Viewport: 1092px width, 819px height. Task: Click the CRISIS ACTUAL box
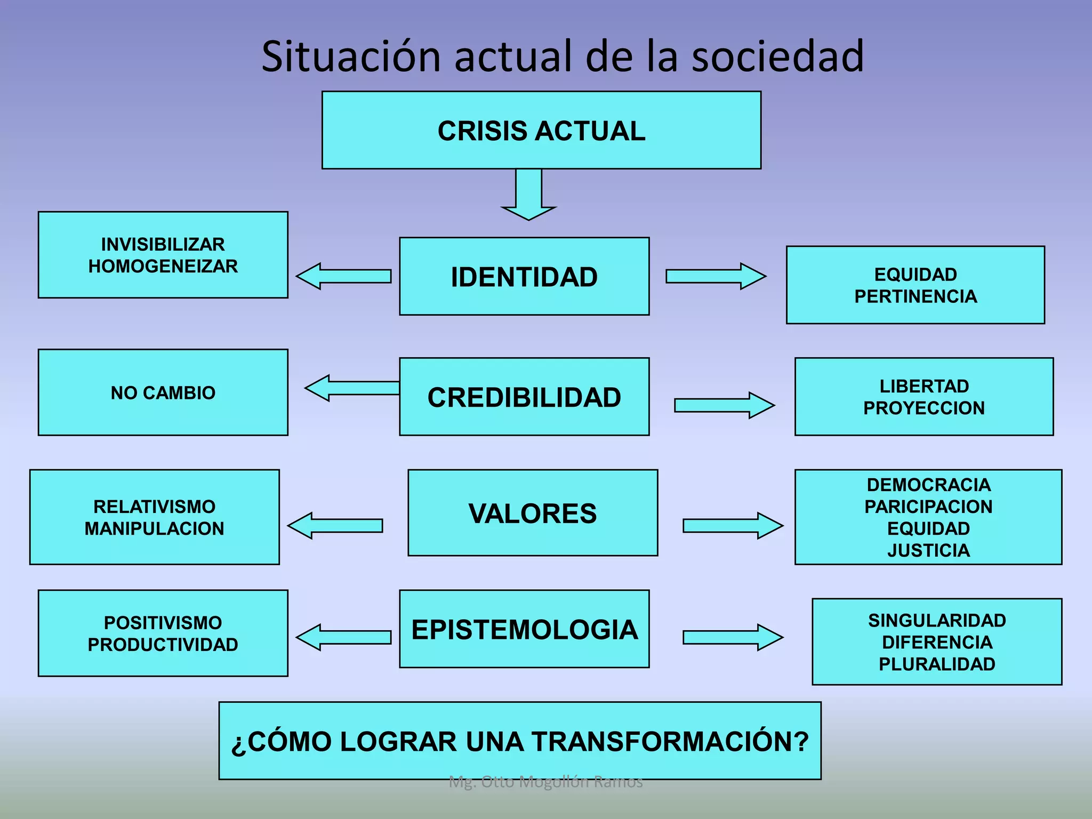tap(541, 131)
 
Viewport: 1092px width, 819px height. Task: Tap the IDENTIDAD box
tap(524, 277)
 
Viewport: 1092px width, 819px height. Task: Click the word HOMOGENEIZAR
tap(163, 266)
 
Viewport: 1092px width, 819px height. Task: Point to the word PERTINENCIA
tap(916, 296)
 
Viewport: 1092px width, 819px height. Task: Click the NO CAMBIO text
tap(163, 393)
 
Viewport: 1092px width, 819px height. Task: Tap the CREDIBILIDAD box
tap(524, 397)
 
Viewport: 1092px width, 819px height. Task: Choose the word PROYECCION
tap(924, 408)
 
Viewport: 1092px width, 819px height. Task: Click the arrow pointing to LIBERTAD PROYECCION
tap(724, 405)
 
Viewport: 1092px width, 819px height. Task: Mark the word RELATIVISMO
tap(154, 507)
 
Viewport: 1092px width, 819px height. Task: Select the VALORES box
tap(533, 513)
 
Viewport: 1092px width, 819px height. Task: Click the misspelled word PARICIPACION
tap(928, 507)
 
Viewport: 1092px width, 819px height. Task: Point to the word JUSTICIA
tap(928, 550)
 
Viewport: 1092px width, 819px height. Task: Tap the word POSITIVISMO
tap(163, 623)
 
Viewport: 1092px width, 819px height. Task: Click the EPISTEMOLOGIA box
tap(524, 630)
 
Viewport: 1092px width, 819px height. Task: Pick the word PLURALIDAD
tap(937, 664)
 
